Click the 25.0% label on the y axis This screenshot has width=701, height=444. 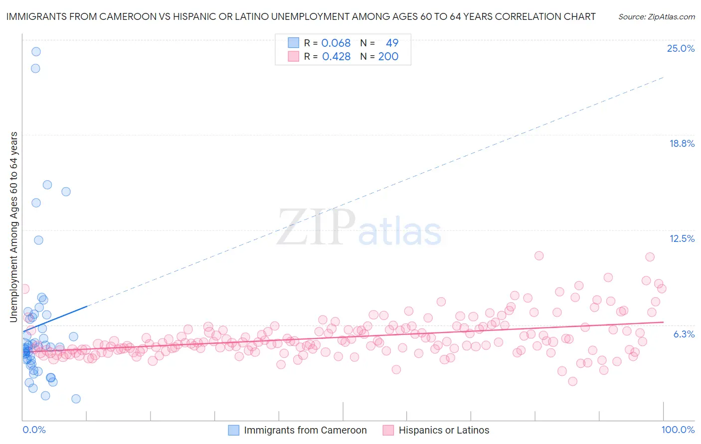[x=681, y=48]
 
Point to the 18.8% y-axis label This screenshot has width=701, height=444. [x=682, y=143]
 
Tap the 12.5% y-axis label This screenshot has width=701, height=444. [x=682, y=238]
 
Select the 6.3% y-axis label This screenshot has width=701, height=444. [x=684, y=334]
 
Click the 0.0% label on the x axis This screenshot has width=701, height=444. [x=34, y=430]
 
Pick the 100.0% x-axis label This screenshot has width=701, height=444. [x=678, y=430]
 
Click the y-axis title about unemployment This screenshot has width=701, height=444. [x=14, y=227]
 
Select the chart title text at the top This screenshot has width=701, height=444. [x=301, y=16]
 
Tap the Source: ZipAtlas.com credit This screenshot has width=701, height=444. [x=656, y=16]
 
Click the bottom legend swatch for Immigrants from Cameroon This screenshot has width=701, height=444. [x=234, y=430]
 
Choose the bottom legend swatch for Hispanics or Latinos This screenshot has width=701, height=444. [x=388, y=430]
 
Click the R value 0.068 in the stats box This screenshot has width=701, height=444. [x=336, y=43]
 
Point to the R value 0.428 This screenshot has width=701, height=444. [x=336, y=57]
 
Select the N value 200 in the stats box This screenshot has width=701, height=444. [x=388, y=57]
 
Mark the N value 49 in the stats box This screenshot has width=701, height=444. [x=392, y=43]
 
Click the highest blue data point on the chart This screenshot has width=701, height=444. [x=36, y=51]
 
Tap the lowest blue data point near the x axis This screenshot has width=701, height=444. [x=76, y=399]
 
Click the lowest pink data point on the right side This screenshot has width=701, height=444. [x=572, y=381]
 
